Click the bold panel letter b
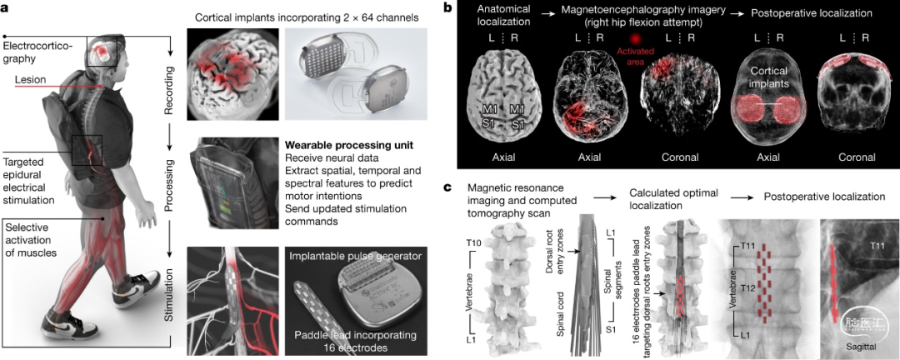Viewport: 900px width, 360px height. tap(449, 7)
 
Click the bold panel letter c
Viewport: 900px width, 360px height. tap(449, 188)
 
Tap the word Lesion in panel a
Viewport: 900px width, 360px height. tap(31, 81)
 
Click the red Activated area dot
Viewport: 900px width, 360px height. tap(638, 39)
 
